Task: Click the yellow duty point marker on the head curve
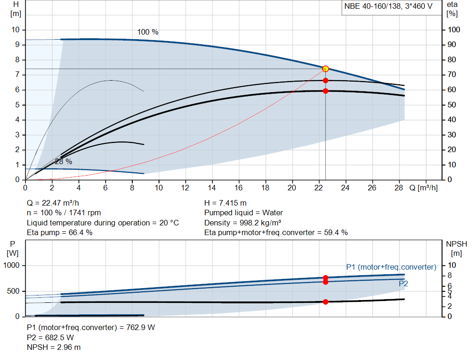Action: pyautogui.click(x=325, y=69)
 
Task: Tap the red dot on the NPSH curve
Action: pyautogui.click(x=325, y=302)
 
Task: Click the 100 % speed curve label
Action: pyautogui.click(x=148, y=32)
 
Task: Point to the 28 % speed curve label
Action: pyautogui.click(x=64, y=162)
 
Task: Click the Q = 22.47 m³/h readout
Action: pyautogui.click(x=53, y=203)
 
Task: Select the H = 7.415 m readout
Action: pyautogui.click(x=225, y=203)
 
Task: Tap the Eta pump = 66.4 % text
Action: pyautogui.click(x=59, y=232)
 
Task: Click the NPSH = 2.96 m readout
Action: pyautogui.click(x=53, y=347)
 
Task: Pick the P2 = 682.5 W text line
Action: pyautogui.click(x=50, y=337)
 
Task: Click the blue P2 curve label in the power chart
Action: pyautogui.click(x=403, y=283)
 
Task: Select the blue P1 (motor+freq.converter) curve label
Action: pyautogui.click(x=391, y=267)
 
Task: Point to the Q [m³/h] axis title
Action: pyautogui.click(x=424, y=188)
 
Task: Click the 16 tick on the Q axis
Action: pyautogui.click(x=238, y=188)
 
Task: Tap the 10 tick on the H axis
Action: pyautogui.click(x=15, y=30)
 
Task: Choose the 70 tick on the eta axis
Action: pyautogui.click(x=452, y=74)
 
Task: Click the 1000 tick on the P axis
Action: pyautogui.click(x=12, y=265)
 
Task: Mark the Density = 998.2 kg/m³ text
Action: pyautogui.click(x=242, y=223)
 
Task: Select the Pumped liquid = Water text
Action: pyautogui.click(x=243, y=213)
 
